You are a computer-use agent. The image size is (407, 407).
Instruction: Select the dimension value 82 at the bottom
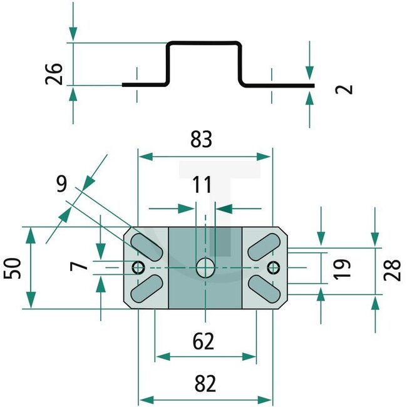click(205, 382)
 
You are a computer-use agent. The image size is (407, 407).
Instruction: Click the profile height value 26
click(56, 73)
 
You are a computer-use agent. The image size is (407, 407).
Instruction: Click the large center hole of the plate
click(205, 268)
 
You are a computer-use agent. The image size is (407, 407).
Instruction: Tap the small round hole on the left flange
click(138, 268)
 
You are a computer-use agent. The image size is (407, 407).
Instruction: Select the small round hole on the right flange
click(272, 268)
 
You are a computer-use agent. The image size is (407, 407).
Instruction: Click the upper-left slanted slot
click(148, 246)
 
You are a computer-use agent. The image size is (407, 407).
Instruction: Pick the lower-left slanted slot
click(148, 289)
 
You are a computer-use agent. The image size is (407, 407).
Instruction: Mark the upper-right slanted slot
click(263, 246)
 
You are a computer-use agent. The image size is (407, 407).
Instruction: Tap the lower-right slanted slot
click(263, 289)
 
